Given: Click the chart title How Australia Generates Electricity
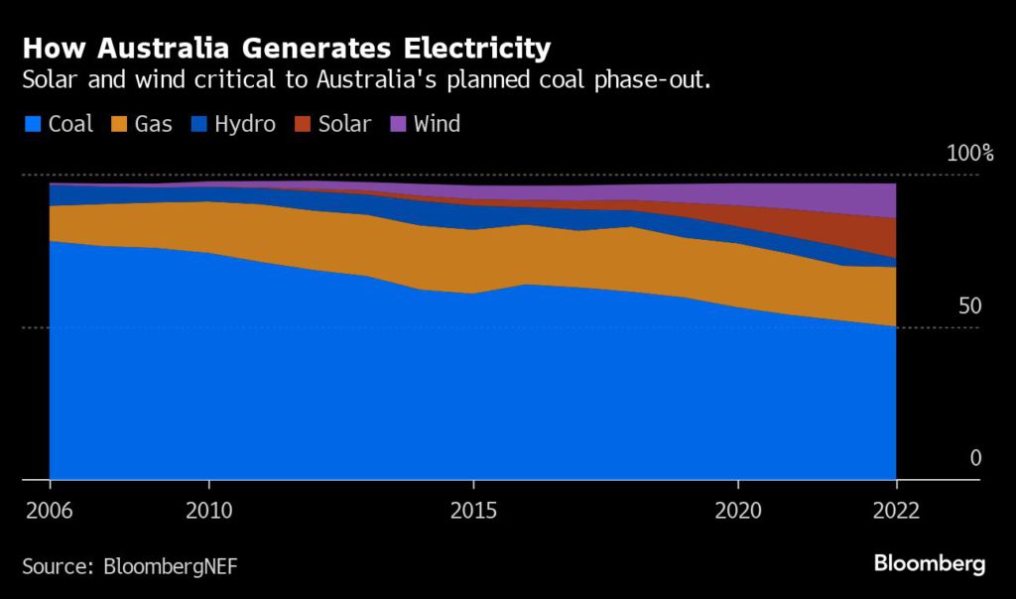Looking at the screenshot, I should point(287,48).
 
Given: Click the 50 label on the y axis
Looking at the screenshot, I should point(969,305).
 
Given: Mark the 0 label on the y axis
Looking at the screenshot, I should point(975,458).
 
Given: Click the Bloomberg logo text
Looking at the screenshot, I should point(930,564).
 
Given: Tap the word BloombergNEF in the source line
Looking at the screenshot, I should point(171,566).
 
